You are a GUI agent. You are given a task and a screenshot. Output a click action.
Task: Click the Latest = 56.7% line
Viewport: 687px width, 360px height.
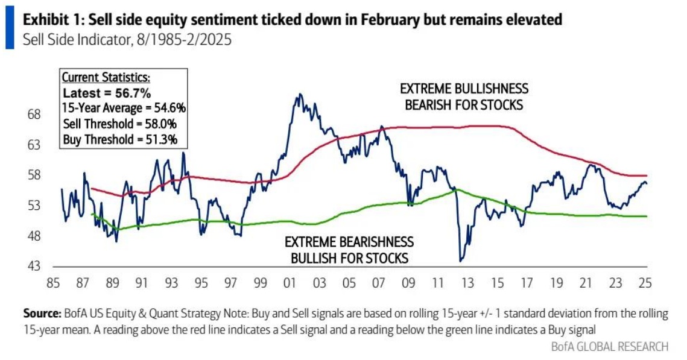click(107, 93)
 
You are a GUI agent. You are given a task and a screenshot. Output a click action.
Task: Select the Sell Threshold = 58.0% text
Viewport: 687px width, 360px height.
click(124, 125)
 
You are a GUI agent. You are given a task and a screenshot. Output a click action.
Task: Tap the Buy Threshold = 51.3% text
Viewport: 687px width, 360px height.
click(124, 141)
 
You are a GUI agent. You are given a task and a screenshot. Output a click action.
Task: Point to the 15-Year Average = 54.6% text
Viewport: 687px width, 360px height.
click(124, 109)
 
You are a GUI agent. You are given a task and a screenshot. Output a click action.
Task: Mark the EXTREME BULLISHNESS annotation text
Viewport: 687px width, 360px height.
click(464, 89)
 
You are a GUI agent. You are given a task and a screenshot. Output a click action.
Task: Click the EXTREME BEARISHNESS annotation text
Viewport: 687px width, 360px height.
click(349, 242)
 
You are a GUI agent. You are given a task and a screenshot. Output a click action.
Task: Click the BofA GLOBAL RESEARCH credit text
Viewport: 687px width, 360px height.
click(609, 346)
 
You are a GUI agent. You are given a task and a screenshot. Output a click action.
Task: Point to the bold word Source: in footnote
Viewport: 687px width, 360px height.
click(42, 314)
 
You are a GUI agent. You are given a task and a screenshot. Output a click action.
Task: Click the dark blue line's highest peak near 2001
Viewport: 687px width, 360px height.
click(297, 95)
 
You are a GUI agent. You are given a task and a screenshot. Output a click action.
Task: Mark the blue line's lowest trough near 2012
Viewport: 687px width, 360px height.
click(461, 261)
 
